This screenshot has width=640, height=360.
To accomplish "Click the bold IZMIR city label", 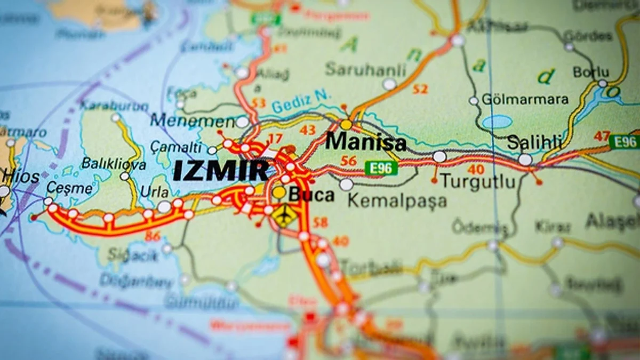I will tap(221, 171).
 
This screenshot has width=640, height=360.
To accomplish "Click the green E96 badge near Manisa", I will tap(381, 168).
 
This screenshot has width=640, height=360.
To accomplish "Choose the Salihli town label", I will tap(535, 142).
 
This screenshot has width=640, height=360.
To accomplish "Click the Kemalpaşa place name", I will tap(397, 201).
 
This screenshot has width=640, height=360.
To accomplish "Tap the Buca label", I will tap(311, 195).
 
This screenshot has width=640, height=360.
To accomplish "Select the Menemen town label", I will tap(192, 121).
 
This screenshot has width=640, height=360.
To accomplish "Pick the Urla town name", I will tap(154, 191).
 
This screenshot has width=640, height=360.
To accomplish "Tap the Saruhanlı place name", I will tap(366, 69).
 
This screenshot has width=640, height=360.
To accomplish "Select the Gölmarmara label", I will tap(525, 99).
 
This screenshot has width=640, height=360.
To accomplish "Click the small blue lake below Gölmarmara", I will tap(497, 122).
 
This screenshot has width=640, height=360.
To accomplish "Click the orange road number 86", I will tap(153, 235).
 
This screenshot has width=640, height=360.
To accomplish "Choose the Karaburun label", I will tap(114, 106).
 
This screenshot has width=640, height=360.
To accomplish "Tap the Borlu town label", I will tap(590, 71).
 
